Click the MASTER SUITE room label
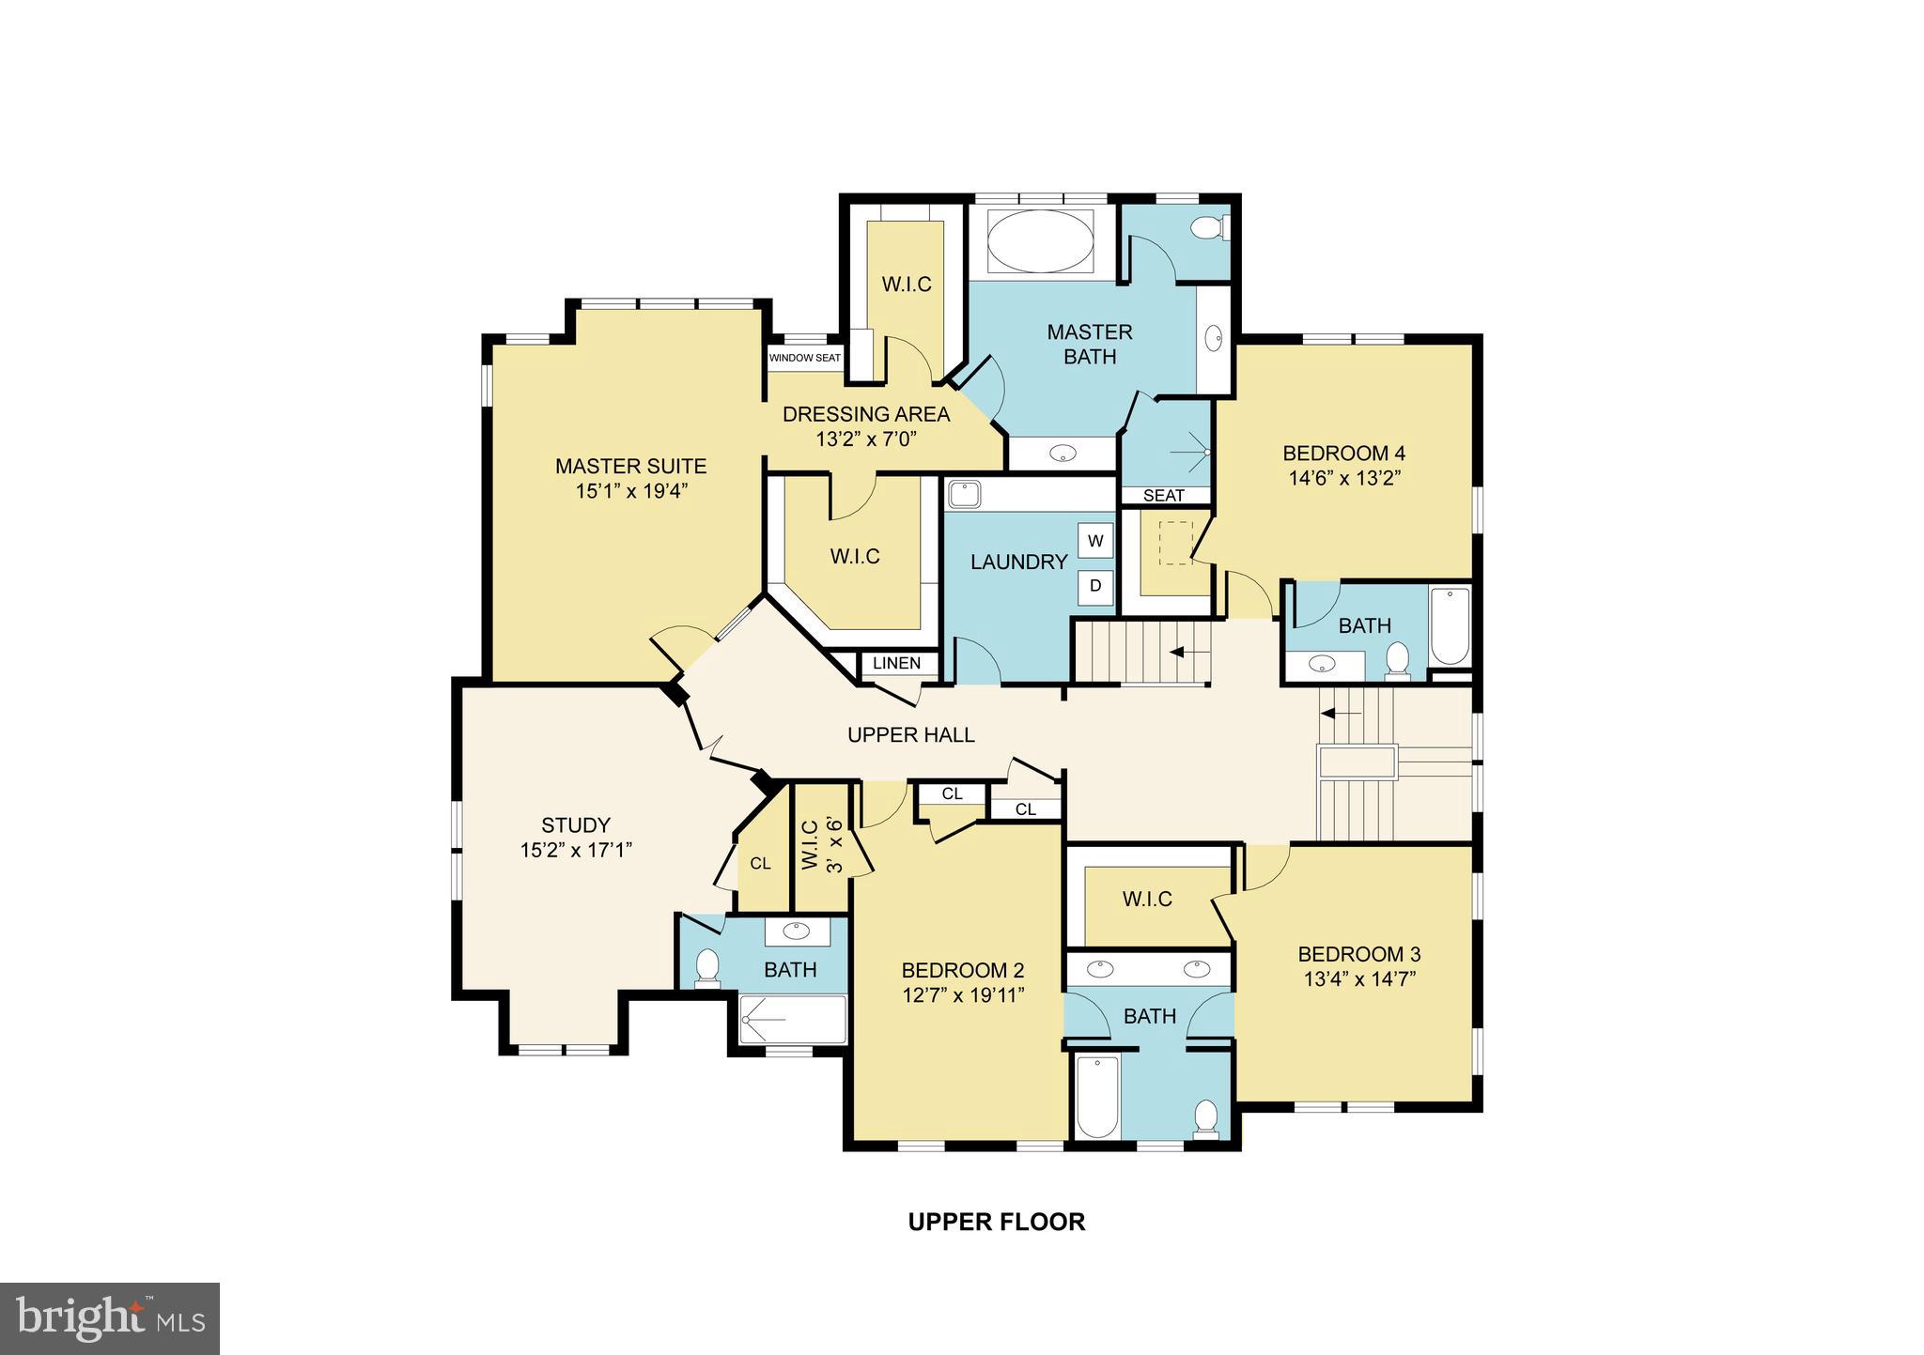tap(630, 466)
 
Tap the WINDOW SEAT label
tap(805, 359)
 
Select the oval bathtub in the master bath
tap(1042, 241)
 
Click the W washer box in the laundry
tap(1095, 541)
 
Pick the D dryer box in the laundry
tap(1095, 586)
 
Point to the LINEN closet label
tap(896, 663)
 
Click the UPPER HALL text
tap(910, 735)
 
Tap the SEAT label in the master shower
tap(1163, 496)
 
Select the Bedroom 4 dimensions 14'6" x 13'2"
tap(1344, 478)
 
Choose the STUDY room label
tap(576, 825)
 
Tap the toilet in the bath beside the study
tap(706, 968)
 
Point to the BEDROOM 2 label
tap(962, 970)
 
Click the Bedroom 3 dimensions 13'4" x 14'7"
tap(1358, 978)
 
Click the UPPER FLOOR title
tap(996, 1222)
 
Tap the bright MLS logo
tap(110, 1319)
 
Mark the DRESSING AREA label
tap(865, 414)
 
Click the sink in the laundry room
tap(964, 494)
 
